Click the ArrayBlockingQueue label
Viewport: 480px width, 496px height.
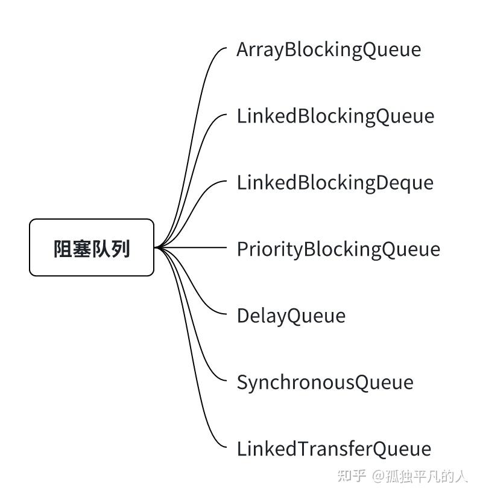[329, 50]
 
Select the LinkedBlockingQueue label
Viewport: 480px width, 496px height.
[335, 116]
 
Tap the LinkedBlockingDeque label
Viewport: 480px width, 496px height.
[335, 183]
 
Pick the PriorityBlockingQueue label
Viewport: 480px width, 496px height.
[339, 250]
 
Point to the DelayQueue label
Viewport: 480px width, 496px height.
[291, 316]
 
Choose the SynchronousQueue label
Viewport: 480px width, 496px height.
[325, 383]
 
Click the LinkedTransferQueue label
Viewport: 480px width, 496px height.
[334, 449]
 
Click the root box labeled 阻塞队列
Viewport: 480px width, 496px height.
[92, 247]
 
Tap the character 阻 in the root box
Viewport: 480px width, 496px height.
[63, 249]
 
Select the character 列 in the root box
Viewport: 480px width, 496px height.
[121, 249]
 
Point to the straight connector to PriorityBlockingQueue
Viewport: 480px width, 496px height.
[191, 247]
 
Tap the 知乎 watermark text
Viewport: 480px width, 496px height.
[352, 475]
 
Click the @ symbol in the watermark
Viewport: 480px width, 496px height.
[378, 476]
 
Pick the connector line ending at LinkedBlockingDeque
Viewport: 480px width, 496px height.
[190, 209]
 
